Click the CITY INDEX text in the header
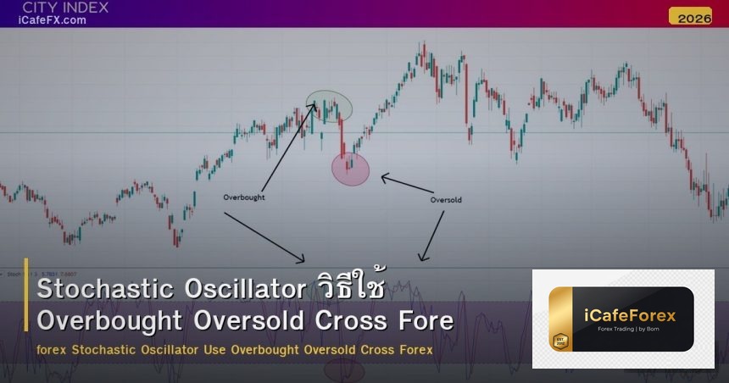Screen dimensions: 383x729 click(65, 8)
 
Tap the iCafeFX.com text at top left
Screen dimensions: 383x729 click(53, 20)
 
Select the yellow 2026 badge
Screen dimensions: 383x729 click(689, 16)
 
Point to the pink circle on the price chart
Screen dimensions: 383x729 click(350, 169)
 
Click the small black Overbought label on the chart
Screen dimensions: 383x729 click(244, 197)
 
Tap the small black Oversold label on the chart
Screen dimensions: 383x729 click(446, 200)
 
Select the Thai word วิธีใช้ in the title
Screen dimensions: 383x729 click(348, 289)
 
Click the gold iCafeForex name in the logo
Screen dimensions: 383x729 click(631, 315)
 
